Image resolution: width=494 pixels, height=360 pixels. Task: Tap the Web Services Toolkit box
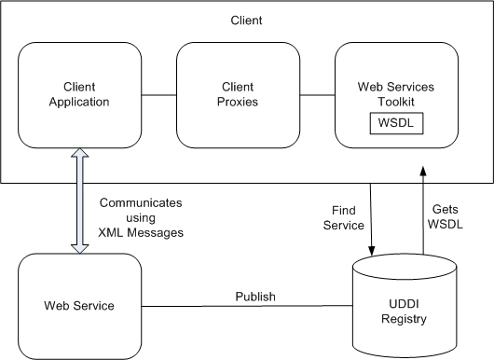[x=396, y=94]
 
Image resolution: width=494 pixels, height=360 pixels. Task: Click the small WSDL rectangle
[x=396, y=123]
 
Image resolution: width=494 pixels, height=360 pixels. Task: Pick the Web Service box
[x=78, y=305]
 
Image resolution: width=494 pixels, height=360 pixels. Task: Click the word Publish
[x=254, y=296]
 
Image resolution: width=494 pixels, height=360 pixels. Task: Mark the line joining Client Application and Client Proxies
[x=158, y=94]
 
